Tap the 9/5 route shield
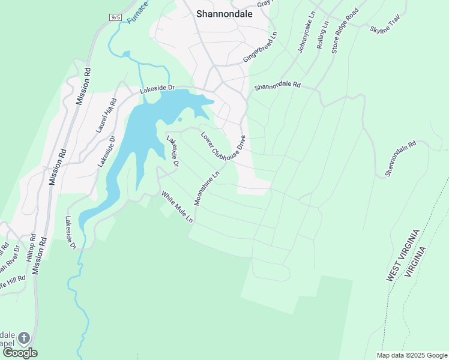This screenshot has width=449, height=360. coord(116,17)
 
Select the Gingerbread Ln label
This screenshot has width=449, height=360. coord(260,47)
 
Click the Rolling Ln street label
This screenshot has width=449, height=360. coord(323,36)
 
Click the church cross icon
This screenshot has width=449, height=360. coord(23,338)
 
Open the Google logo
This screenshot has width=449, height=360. coord(19,353)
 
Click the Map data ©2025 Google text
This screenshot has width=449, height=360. coord(412,355)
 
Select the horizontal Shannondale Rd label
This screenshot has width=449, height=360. coord(277,86)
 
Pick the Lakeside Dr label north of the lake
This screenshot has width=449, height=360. coord(157,89)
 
